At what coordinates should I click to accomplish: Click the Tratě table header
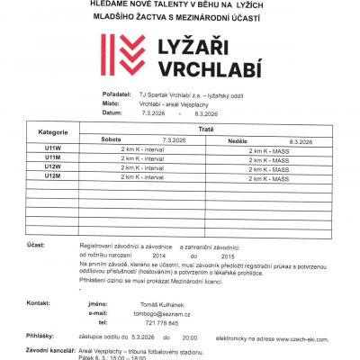pos(204,128)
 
